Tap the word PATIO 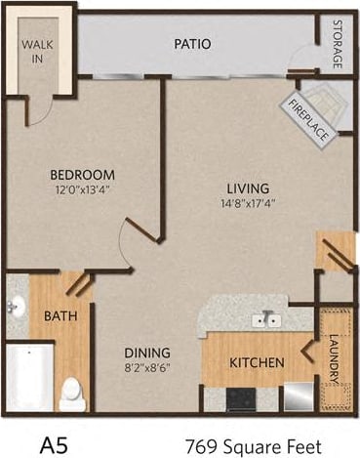pyautogui.click(x=194, y=44)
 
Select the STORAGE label pyautogui.click(x=338, y=45)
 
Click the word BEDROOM pyautogui.click(x=83, y=176)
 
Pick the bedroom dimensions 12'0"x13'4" pyautogui.click(x=83, y=190)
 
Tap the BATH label pyautogui.click(x=60, y=316)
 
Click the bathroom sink pyautogui.click(x=17, y=308)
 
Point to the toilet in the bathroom pyautogui.click(x=70, y=394)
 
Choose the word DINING pyautogui.click(x=147, y=353)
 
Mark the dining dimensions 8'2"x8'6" pyautogui.click(x=147, y=369)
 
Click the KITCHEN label pyautogui.click(x=257, y=362)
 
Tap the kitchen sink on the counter pyautogui.click(x=264, y=319)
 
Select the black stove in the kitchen pyautogui.click(x=241, y=398)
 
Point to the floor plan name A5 pyautogui.click(x=55, y=442)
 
